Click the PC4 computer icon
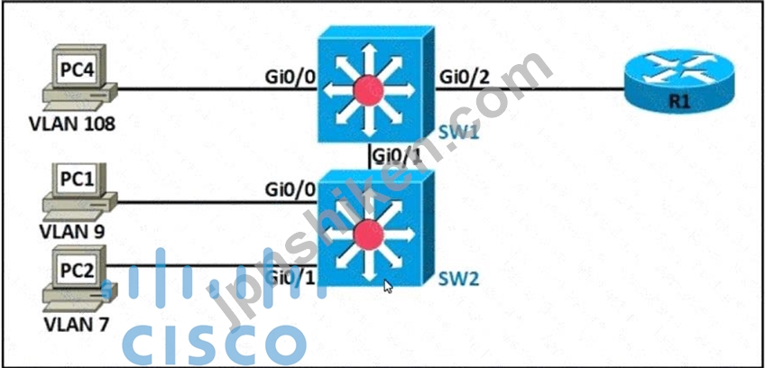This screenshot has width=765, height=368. [78, 82]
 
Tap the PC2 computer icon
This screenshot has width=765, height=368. [78, 281]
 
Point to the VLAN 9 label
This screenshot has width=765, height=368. [72, 232]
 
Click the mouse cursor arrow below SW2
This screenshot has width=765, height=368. [387, 287]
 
